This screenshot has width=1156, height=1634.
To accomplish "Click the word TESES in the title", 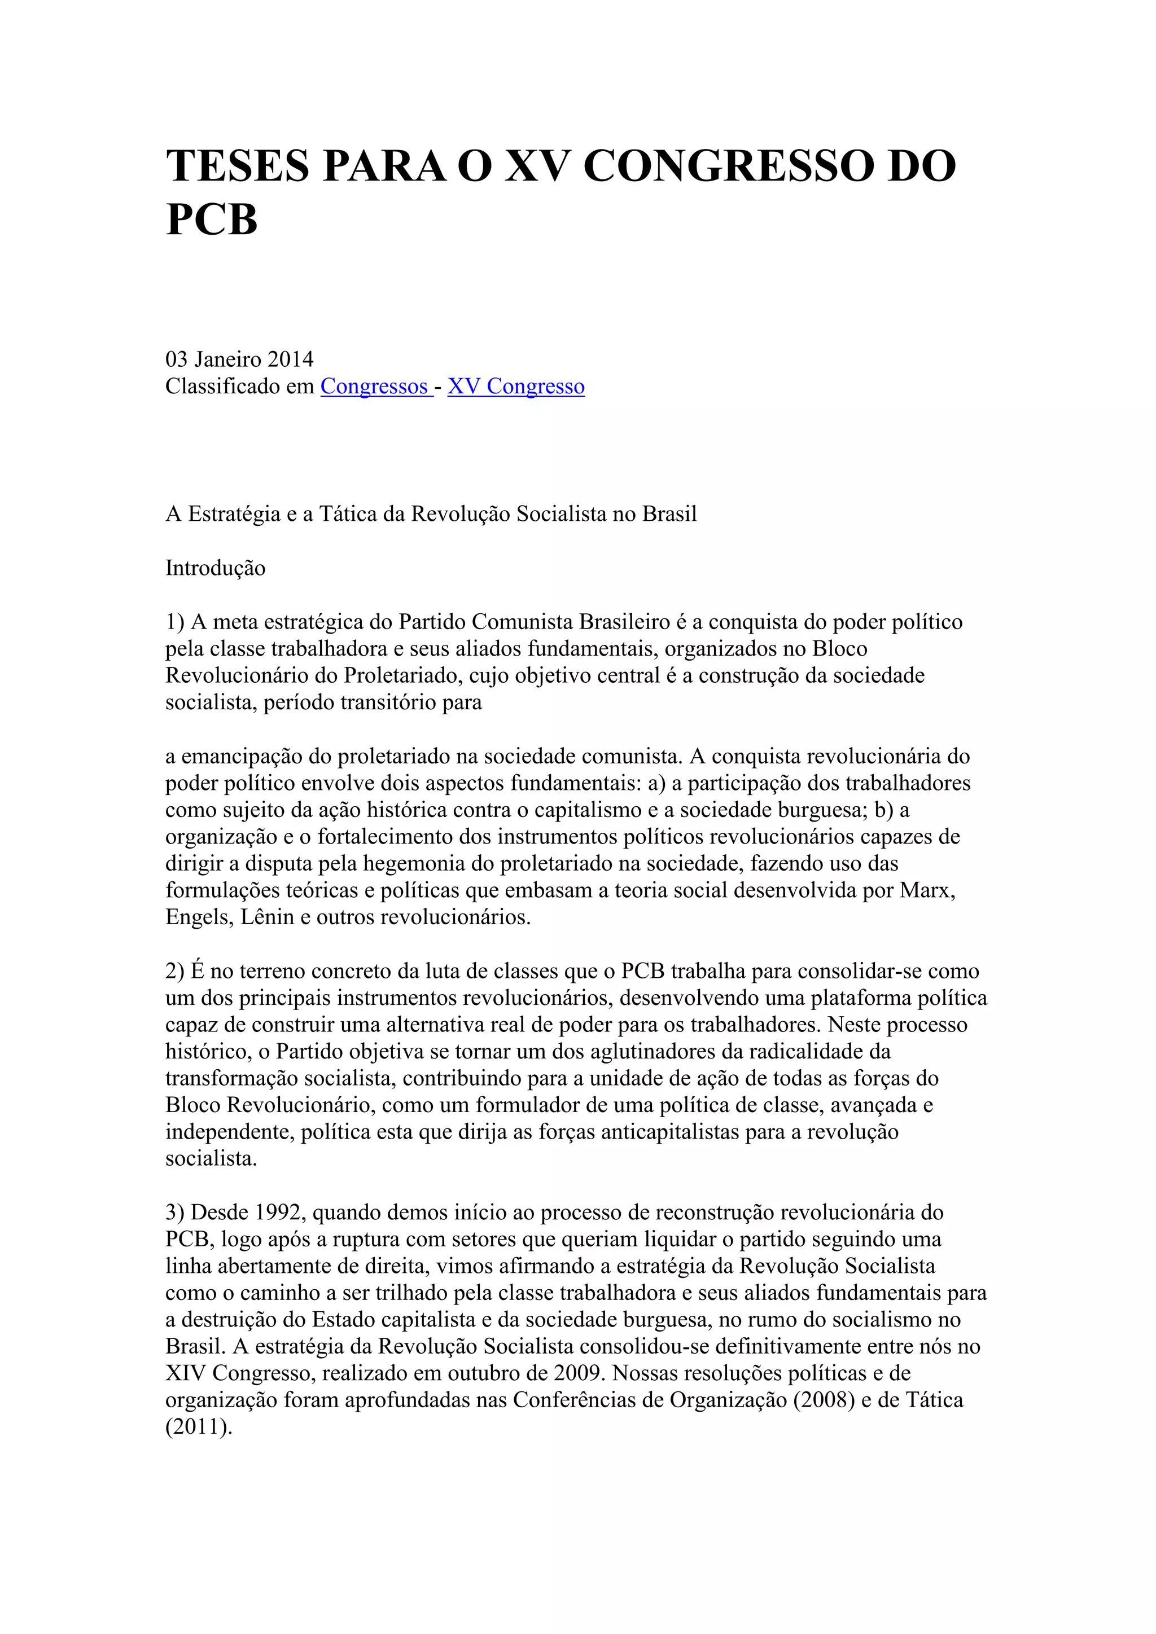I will pyautogui.click(x=238, y=166).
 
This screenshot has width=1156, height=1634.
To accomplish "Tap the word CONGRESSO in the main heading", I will pyautogui.click(x=725, y=166).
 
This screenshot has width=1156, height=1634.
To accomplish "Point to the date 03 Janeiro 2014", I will pyautogui.click(x=239, y=359).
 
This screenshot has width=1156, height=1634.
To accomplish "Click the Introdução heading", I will pyautogui.click(x=215, y=568).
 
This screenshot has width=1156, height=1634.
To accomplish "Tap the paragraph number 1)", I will pyautogui.click(x=175, y=622).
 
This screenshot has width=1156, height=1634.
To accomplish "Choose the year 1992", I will pyautogui.click(x=281, y=1212).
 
